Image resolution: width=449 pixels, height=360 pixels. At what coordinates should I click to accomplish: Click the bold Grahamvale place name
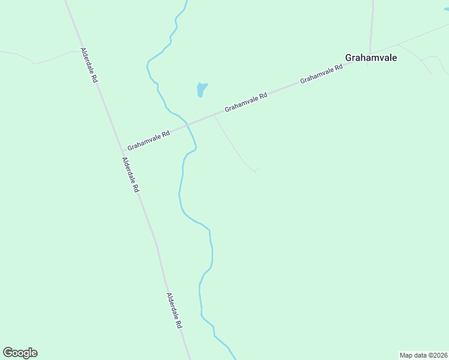(371, 58)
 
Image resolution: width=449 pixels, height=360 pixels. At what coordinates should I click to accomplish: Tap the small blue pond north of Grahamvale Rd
(202, 89)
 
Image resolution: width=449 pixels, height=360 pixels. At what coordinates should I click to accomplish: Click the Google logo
(20, 353)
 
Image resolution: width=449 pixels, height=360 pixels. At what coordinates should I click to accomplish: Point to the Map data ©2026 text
(423, 355)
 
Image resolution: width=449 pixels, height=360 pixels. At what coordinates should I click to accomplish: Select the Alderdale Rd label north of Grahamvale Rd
(89, 65)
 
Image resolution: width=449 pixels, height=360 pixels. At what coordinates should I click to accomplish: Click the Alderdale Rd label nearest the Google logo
(174, 310)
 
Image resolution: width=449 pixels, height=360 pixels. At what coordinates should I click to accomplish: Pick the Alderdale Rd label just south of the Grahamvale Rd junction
(130, 175)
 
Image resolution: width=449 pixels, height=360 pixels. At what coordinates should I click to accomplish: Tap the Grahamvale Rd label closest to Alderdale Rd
(149, 139)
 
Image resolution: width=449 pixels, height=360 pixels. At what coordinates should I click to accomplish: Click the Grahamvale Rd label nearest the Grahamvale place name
(321, 73)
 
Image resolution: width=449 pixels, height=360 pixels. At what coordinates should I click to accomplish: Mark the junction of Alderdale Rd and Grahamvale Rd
(122, 151)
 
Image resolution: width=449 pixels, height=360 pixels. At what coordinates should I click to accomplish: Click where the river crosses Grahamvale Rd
(188, 124)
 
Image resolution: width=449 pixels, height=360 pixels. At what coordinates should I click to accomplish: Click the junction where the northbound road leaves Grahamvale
(370, 53)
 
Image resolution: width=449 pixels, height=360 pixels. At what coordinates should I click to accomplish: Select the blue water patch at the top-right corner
(446, 8)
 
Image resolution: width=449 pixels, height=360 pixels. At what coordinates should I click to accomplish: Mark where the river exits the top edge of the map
(187, 2)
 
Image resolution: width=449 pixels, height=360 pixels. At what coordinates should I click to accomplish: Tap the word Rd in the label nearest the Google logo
(178, 323)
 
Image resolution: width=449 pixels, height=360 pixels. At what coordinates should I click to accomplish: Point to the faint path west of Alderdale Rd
(36, 62)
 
